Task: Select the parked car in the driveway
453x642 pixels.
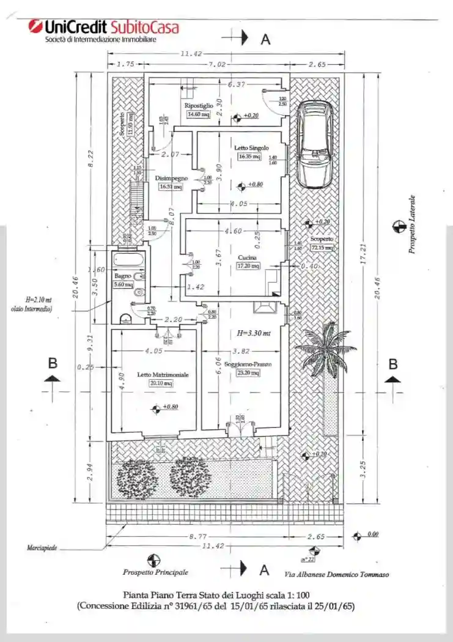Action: [314, 144]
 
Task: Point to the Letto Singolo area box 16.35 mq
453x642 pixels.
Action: [249, 157]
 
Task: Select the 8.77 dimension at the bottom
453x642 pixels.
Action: [197, 536]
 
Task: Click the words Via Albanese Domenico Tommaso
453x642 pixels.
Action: [336, 574]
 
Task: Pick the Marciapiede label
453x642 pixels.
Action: [42, 548]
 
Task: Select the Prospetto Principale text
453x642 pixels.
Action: [155, 572]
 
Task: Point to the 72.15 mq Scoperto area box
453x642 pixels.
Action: [322, 248]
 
